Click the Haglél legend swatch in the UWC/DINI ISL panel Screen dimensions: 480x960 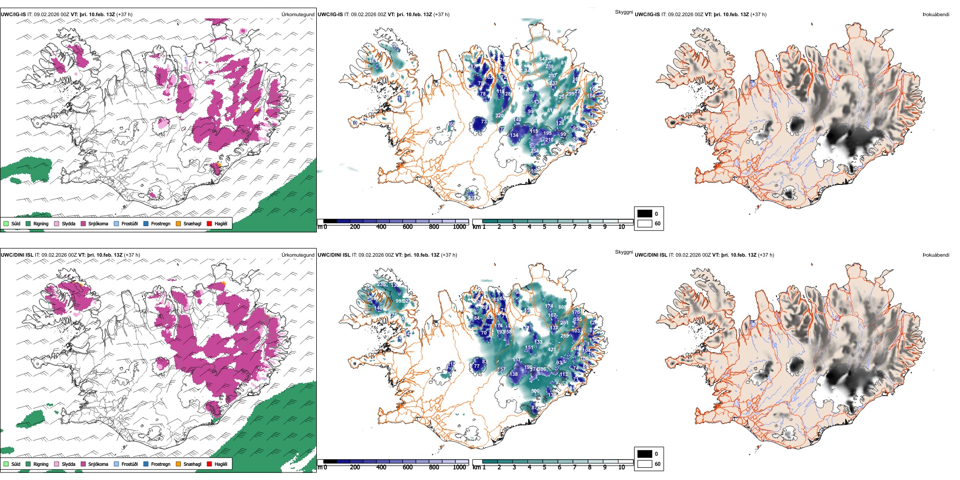[210, 464]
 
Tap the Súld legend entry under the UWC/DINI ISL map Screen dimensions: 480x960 [6, 464]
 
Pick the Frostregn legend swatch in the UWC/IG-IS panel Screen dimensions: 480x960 [146, 223]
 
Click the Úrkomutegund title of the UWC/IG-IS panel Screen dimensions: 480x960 [298, 15]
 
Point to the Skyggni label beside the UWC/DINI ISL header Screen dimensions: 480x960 [623, 252]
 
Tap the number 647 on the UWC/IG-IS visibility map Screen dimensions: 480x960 [543, 59]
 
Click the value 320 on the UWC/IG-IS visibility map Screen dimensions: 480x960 [499, 116]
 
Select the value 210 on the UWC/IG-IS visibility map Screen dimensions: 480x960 [549, 140]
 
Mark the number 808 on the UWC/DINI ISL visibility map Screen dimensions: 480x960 [562, 307]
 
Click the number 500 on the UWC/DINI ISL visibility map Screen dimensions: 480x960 [535, 391]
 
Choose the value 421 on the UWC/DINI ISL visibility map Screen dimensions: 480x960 [552, 350]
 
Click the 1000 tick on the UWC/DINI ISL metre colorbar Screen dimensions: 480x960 [459, 467]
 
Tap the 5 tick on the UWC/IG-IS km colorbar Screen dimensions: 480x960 [544, 227]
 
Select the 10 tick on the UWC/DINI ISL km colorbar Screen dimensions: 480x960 [621, 467]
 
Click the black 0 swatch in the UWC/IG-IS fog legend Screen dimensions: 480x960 [645, 214]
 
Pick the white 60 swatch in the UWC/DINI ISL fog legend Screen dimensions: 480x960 [645, 464]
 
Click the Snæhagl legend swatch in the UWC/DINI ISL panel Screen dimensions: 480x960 [178, 464]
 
